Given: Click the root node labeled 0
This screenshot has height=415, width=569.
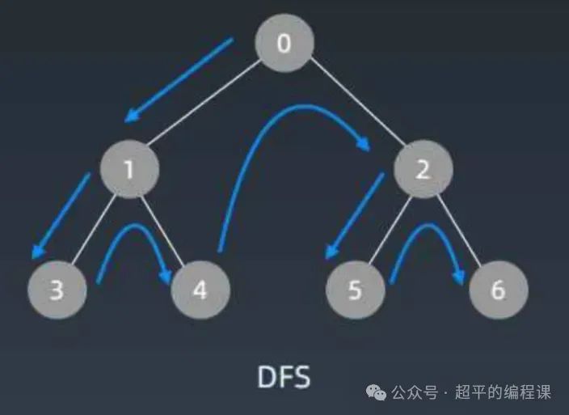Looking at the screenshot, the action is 284,42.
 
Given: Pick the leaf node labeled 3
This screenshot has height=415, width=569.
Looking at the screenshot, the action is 57,290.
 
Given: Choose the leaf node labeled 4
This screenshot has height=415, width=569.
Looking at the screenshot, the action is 200,290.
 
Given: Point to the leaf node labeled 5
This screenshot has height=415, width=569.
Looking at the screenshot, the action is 356,290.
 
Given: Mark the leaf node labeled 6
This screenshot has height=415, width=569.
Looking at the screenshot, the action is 498,290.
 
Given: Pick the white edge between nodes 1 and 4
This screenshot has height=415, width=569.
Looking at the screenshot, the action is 165,230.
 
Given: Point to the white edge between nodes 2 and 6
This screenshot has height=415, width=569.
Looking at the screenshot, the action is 461,230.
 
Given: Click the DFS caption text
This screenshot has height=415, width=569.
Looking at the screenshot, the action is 283,378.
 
